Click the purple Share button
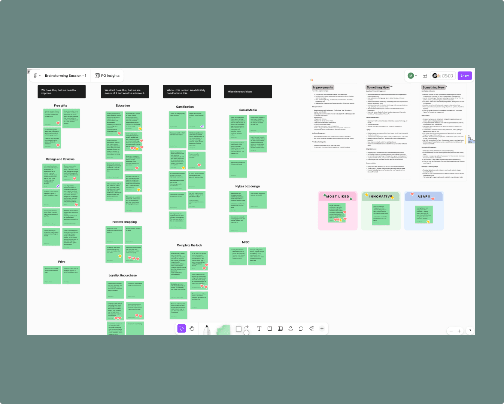tap(465, 76)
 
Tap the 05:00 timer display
tap(447, 76)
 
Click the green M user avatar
tap(411, 76)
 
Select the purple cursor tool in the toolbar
tap(181, 329)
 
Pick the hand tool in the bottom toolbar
tap(192, 329)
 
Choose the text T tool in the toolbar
tap(259, 329)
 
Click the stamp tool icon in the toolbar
tap(291, 329)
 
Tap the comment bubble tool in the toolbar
tap(301, 329)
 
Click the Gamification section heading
tap(185, 107)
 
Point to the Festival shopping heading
tap(125, 222)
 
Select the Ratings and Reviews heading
tap(60, 159)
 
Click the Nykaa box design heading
tap(248, 186)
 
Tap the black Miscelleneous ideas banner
tap(248, 92)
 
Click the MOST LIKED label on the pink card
tap(337, 196)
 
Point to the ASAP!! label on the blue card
tap(424, 196)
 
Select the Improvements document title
tap(323, 88)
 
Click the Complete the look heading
tap(189, 245)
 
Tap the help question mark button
tap(470, 331)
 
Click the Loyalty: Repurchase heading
tap(123, 275)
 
